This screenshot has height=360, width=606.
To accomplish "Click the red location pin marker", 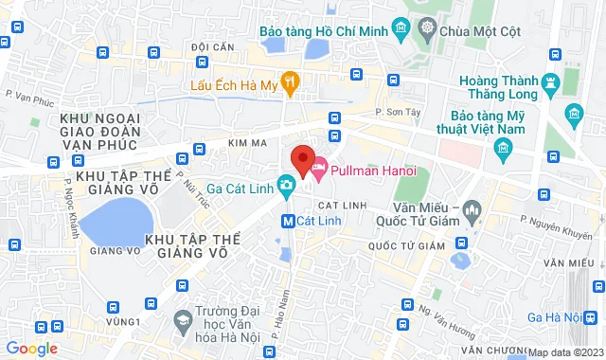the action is [x=302, y=160].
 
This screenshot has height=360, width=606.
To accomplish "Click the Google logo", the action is [x=31, y=348].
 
